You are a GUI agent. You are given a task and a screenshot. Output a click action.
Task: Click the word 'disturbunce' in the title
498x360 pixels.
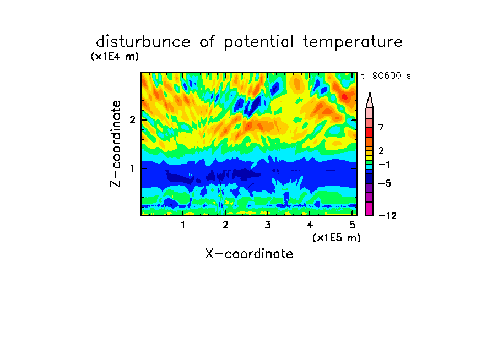[x=143, y=41]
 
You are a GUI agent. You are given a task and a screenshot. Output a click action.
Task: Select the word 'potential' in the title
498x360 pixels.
[x=259, y=42]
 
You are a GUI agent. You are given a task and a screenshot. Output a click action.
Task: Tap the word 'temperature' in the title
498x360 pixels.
[x=353, y=42]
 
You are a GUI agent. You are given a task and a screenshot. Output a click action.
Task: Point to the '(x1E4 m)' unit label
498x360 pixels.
[x=115, y=57]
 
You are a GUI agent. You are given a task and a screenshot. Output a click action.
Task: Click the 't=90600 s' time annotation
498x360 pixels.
[x=386, y=76]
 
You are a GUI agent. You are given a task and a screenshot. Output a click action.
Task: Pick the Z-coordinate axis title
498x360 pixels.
[x=116, y=144]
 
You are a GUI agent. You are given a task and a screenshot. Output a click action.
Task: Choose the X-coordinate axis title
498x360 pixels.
[x=249, y=254]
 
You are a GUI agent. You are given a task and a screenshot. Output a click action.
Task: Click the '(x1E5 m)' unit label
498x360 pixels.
[x=337, y=238]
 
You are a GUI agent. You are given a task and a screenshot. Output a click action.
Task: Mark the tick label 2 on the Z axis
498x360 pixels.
[x=132, y=120]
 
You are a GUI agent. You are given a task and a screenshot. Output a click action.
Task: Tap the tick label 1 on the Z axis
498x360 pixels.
[x=132, y=168]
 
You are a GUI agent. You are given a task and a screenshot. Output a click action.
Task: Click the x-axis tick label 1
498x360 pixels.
[x=183, y=225]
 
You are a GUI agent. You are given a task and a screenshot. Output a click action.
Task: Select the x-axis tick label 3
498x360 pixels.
[x=268, y=225]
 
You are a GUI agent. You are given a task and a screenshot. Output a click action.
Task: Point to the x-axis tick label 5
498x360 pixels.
[x=352, y=225]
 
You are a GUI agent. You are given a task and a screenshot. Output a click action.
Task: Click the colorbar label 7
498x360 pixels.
[x=381, y=128]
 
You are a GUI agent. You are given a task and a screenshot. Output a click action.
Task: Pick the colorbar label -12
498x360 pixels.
[x=387, y=216]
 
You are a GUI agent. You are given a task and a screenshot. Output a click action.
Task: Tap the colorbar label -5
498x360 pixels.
[x=385, y=183]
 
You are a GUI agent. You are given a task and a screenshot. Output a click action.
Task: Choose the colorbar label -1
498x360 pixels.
[x=385, y=165]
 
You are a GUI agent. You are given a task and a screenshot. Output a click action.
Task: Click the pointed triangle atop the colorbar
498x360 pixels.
[x=370, y=100]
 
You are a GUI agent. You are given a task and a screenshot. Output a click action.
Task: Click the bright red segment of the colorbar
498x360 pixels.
[x=370, y=132]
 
